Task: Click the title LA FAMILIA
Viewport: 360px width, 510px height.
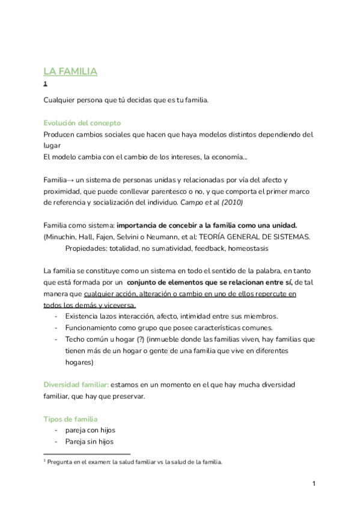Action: [70, 72]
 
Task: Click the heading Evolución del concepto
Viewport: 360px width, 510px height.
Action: [82, 123]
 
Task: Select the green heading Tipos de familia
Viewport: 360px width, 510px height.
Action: [71, 419]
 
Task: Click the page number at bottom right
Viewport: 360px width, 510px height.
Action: [314, 484]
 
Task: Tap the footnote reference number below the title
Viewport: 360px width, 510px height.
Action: [46, 84]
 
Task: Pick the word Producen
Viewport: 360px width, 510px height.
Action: [63, 134]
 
